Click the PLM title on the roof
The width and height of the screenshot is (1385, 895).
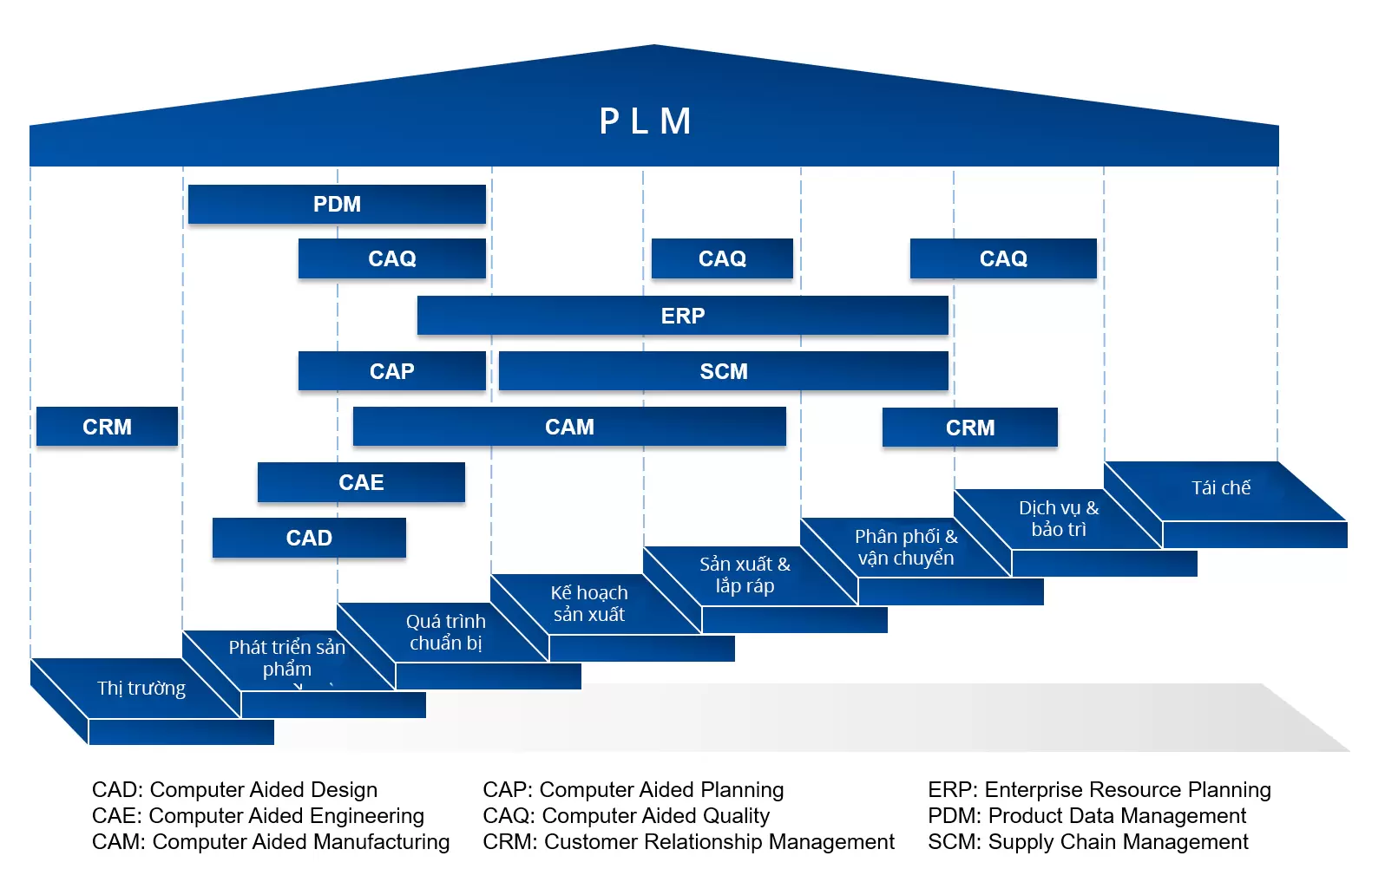(x=646, y=121)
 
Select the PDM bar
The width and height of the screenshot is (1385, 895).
(x=337, y=205)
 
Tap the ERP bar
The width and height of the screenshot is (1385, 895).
(x=682, y=316)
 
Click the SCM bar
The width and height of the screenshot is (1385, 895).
(x=723, y=371)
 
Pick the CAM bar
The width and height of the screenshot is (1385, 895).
(x=569, y=427)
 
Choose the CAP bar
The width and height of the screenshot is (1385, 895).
(x=391, y=371)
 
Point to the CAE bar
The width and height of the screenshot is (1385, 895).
(x=361, y=482)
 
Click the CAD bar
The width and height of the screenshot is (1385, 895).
(x=309, y=538)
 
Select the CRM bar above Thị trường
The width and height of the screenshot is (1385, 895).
(x=107, y=427)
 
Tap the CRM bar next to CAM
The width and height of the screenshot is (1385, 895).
(x=969, y=428)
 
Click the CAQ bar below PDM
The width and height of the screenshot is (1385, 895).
(x=391, y=258)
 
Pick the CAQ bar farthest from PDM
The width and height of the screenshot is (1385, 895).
(x=1003, y=258)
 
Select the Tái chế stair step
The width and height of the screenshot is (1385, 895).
(x=1220, y=489)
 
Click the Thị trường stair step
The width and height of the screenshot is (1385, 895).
(x=141, y=689)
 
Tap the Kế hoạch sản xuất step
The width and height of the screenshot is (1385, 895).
(x=588, y=604)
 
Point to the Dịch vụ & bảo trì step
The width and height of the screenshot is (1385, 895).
(x=1058, y=519)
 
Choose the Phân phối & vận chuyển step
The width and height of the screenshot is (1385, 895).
(x=905, y=547)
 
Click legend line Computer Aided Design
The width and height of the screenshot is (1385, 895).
(x=234, y=790)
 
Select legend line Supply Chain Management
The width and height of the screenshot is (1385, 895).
(x=1087, y=842)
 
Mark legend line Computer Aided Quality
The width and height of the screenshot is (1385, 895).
(x=626, y=816)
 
